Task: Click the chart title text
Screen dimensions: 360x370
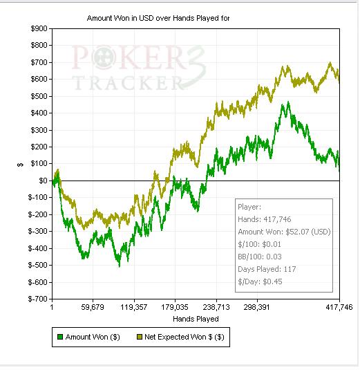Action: click(x=158, y=18)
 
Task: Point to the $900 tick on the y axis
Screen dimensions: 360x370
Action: click(x=39, y=28)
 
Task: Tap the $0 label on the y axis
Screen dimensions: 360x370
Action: click(x=43, y=181)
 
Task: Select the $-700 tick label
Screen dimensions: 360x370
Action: click(x=37, y=299)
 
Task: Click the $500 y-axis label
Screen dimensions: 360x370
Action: click(x=39, y=96)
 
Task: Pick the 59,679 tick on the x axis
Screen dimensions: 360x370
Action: click(x=93, y=307)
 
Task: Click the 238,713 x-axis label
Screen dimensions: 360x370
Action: click(x=216, y=307)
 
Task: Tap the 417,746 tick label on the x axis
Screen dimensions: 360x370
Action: click(x=339, y=307)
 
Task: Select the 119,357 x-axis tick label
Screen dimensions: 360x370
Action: click(x=133, y=307)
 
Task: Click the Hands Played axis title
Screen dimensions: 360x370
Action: click(x=196, y=319)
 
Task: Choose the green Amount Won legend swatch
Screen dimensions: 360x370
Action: click(x=60, y=337)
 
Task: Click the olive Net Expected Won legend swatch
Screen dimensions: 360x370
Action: click(x=140, y=337)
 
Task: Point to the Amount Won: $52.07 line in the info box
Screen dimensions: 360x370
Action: click(x=284, y=232)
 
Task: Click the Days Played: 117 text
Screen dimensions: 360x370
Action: click(x=267, y=269)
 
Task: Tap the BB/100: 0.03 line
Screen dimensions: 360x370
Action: click(x=260, y=257)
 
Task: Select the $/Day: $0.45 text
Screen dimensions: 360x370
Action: click(x=260, y=281)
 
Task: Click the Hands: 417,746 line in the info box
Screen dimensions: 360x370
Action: click(x=264, y=219)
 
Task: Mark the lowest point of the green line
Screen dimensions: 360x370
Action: click(x=120, y=267)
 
